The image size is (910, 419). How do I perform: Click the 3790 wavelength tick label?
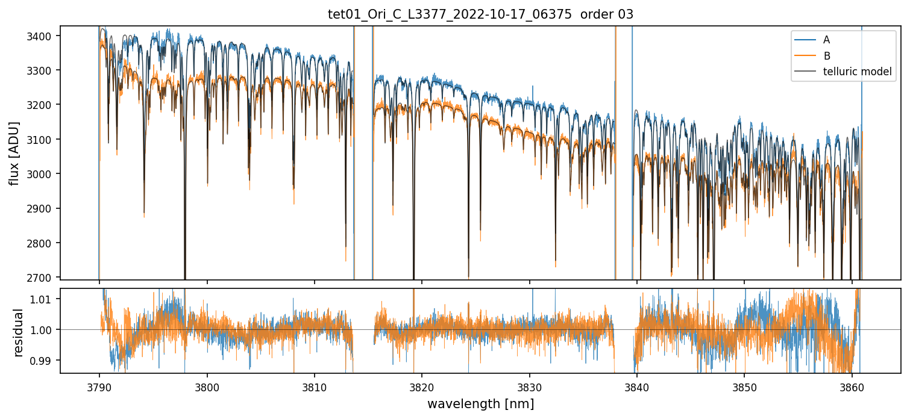(99, 385)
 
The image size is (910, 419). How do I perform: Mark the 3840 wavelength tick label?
(637, 385)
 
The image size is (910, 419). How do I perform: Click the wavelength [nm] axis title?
(480, 403)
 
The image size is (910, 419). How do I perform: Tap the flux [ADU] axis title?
(13, 153)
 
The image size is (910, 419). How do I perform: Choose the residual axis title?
(19, 332)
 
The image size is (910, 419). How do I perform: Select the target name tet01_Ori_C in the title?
(362, 14)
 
